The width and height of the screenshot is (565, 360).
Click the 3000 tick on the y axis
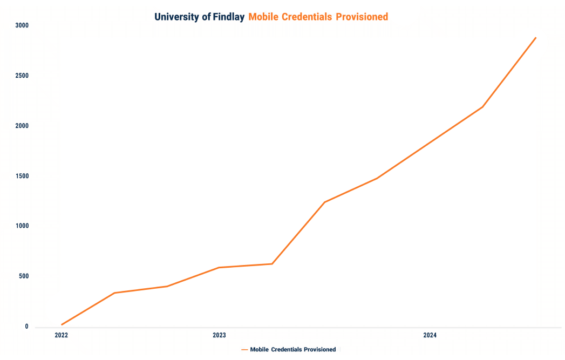[x=22, y=25]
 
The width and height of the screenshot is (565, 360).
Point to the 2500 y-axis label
[x=22, y=76]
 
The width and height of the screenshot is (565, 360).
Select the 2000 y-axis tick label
[x=22, y=126]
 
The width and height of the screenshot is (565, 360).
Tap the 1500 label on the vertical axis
[x=22, y=176]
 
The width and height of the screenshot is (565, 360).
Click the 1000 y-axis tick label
[x=22, y=226]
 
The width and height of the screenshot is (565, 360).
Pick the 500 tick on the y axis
[x=24, y=276]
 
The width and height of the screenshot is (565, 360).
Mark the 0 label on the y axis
[x=26, y=327]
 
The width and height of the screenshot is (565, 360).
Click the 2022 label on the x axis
[x=62, y=336]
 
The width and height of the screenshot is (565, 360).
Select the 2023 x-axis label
[x=219, y=336]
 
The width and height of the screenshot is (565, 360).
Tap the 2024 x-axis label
[x=430, y=336]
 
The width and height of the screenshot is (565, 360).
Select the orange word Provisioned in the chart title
[x=362, y=17]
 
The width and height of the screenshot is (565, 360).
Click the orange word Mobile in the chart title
[x=263, y=17]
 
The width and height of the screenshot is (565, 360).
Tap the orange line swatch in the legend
[x=244, y=350]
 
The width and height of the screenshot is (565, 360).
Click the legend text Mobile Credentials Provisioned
[x=292, y=350]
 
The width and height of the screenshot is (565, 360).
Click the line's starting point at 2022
[x=62, y=324]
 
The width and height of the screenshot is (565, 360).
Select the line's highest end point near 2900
[x=535, y=38]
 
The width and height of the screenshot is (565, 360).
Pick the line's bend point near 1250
[x=324, y=202]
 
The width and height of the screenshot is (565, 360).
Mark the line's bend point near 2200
[x=482, y=107]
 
